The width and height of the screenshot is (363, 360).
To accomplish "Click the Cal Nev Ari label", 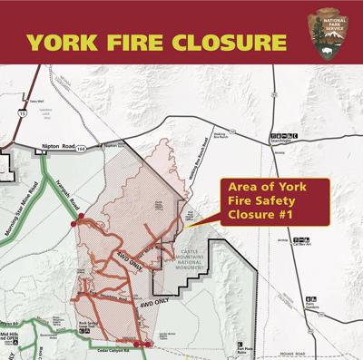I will click(x=302, y=243).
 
